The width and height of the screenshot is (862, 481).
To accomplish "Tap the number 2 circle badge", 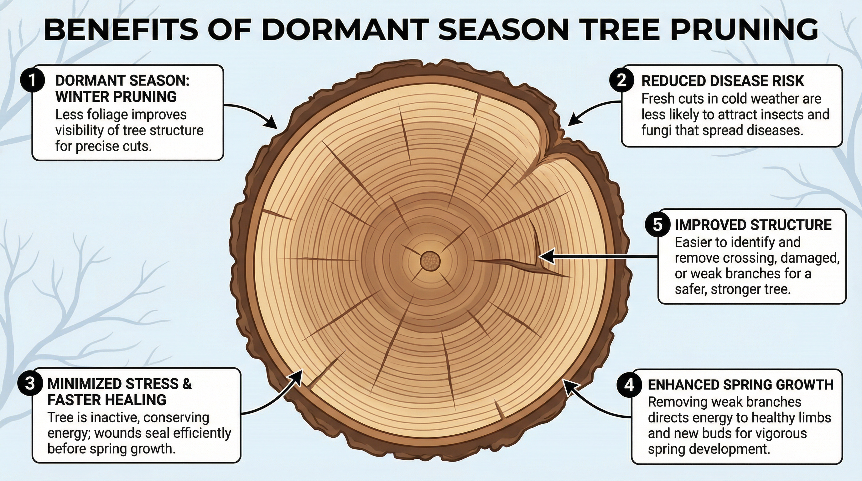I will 621,80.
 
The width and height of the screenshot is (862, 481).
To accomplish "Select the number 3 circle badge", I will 30,383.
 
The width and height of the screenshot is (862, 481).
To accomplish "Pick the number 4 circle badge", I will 629,385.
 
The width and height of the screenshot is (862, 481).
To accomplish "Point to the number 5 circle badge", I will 657,225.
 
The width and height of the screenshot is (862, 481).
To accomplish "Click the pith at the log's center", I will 430,261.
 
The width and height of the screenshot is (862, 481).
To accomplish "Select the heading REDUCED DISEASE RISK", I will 723,81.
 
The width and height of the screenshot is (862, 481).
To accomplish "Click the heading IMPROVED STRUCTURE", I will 753,225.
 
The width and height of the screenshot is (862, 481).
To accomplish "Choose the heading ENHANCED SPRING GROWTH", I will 740,385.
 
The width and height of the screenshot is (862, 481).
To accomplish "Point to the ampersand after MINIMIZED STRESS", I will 187,384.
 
